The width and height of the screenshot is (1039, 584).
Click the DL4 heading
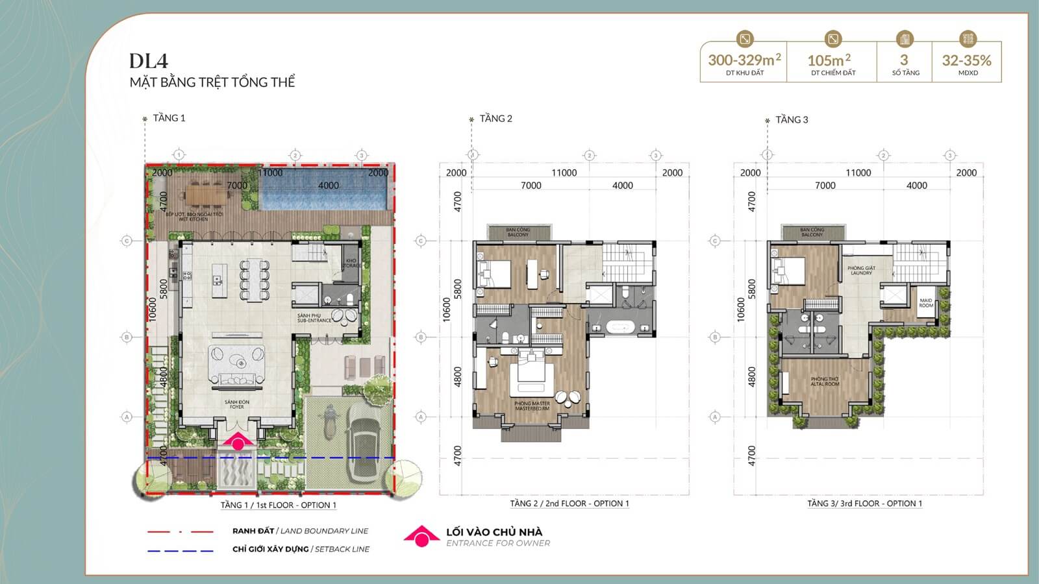(148, 61)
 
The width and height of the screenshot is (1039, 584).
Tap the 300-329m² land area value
(744, 60)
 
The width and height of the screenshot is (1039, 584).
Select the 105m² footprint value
(829, 60)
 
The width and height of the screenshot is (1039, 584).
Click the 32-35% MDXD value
(966, 60)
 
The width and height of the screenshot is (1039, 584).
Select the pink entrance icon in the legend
(421, 536)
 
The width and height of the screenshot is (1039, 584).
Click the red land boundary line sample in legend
(181, 531)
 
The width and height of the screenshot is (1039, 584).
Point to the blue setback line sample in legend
(181, 550)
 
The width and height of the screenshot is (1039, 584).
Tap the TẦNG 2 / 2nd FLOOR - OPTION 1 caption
(570, 504)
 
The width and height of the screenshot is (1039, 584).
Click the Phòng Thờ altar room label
(825, 382)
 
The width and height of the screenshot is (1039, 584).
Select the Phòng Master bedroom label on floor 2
(532, 406)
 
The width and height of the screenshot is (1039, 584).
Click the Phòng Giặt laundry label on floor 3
(861, 271)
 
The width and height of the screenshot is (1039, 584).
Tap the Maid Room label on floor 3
(926, 303)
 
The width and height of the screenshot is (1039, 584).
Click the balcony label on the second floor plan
(518, 232)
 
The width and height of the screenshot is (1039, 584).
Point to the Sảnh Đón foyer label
(237, 404)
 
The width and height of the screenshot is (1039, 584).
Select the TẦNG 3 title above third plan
(792, 119)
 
